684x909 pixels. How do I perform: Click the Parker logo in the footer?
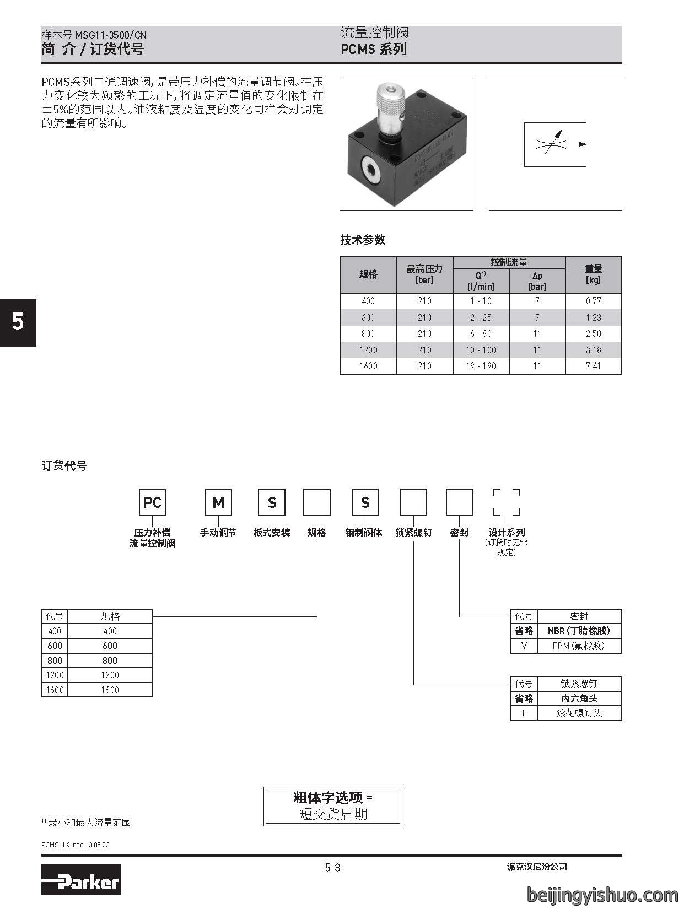pyautogui.click(x=81, y=879)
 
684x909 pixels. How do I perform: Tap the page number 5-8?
pyautogui.click(x=333, y=867)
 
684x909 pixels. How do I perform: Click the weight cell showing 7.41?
pyautogui.click(x=593, y=366)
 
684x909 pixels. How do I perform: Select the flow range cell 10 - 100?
pyautogui.click(x=481, y=350)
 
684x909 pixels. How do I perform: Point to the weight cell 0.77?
pyautogui.click(x=593, y=301)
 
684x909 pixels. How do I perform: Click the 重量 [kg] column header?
pyautogui.click(x=593, y=274)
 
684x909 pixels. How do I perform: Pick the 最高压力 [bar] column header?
pyautogui.click(x=424, y=274)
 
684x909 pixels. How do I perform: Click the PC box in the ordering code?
pyautogui.click(x=152, y=502)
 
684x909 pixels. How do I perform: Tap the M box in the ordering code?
pyautogui.click(x=218, y=502)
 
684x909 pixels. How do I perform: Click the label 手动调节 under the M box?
pyautogui.click(x=218, y=533)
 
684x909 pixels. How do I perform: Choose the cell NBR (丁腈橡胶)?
pyautogui.click(x=579, y=631)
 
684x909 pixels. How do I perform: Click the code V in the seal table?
pyautogui.click(x=524, y=646)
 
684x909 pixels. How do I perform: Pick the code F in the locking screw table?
pyautogui.click(x=524, y=713)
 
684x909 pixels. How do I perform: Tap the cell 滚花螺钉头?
pyautogui.click(x=579, y=713)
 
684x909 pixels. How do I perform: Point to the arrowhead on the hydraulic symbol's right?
pyautogui.click(x=583, y=144)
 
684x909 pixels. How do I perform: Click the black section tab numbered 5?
pyautogui.click(x=18, y=323)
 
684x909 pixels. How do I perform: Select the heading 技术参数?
pyautogui.click(x=363, y=240)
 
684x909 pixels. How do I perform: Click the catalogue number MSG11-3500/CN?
pyautogui.click(x=111, y=35)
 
